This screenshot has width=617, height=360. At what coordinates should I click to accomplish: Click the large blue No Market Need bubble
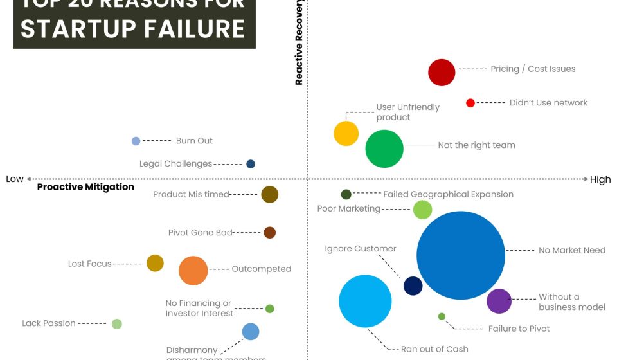point(461,255)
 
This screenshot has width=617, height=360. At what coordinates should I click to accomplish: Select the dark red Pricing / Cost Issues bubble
point(442,72)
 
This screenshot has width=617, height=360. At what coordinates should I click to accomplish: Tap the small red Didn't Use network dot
point(470,103)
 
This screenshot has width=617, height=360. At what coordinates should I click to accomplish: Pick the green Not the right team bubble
point(384,148)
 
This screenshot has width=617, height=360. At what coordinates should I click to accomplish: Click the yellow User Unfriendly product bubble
point(346,133)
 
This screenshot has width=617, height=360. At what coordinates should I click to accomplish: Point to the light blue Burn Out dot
point(136,141)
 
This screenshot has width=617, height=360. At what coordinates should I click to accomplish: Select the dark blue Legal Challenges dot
point(251,164)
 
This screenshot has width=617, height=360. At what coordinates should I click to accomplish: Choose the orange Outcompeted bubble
point(193,270)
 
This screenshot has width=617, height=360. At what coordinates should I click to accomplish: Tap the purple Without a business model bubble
point(499,301)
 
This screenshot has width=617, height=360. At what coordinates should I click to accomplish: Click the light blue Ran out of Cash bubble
point(365,301)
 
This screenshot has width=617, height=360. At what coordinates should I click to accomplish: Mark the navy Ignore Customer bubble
point(413,285)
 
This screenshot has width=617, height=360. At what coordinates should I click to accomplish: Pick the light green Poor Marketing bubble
point(422,210)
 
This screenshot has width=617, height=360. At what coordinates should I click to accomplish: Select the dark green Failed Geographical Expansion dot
point(346,194)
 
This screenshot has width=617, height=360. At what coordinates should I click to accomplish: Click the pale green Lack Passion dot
point(116,324)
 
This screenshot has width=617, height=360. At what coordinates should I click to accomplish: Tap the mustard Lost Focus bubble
point(155,263)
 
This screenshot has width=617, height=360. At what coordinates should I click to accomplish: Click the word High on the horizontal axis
point(600,179)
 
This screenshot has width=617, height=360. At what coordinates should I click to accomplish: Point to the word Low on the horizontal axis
point(15,179)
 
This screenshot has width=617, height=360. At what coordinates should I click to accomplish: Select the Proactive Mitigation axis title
point(85,187)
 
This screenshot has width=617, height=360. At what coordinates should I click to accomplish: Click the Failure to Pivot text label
point(519,328)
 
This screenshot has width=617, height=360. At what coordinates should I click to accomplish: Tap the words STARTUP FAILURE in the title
point(133,29)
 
